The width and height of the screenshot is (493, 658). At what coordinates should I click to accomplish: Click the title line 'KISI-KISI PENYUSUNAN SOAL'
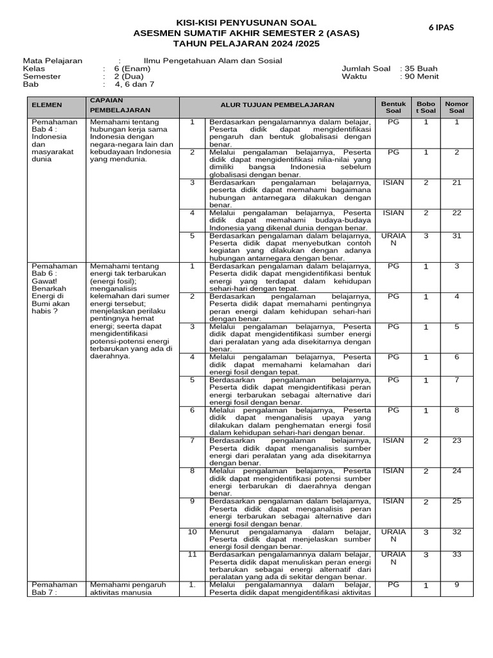click(246, 22)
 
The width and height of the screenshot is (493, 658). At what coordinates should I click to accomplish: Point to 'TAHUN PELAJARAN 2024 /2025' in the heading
click(246, 43)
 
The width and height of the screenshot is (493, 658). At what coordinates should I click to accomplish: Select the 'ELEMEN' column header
click(47, 104)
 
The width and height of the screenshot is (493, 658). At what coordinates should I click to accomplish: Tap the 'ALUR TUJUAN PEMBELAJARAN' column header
click(277, 104)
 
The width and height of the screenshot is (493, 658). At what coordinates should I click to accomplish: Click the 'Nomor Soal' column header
click(456, 107)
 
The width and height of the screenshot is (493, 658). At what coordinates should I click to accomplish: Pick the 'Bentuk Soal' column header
click(394, 107)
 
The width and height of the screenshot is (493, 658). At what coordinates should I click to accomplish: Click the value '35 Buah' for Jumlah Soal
click(421, 69)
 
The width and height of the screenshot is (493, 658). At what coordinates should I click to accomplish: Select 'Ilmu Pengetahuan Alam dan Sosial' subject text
click(212, 61)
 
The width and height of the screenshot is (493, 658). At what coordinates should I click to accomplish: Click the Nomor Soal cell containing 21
click(456, 183)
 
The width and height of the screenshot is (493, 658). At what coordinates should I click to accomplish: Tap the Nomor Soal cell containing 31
click(456, 236)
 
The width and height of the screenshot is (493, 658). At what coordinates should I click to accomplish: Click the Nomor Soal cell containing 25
click(456, 502)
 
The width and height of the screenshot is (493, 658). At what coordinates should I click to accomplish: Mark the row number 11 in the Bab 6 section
click(192, 555)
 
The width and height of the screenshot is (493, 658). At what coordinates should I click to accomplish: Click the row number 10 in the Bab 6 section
click(192, 532)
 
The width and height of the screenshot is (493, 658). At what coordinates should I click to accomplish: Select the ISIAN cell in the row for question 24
click(394, 471)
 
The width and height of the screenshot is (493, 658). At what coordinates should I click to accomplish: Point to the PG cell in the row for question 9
click(394, 585)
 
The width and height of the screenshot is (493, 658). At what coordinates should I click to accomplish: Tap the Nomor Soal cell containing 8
click(456, 411)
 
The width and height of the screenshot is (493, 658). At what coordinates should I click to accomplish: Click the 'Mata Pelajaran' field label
click(53, 61)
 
